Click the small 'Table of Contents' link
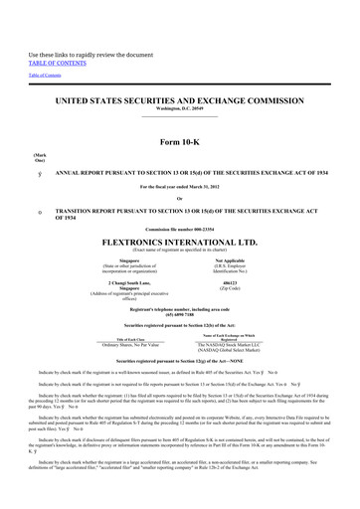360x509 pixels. [44, 76]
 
